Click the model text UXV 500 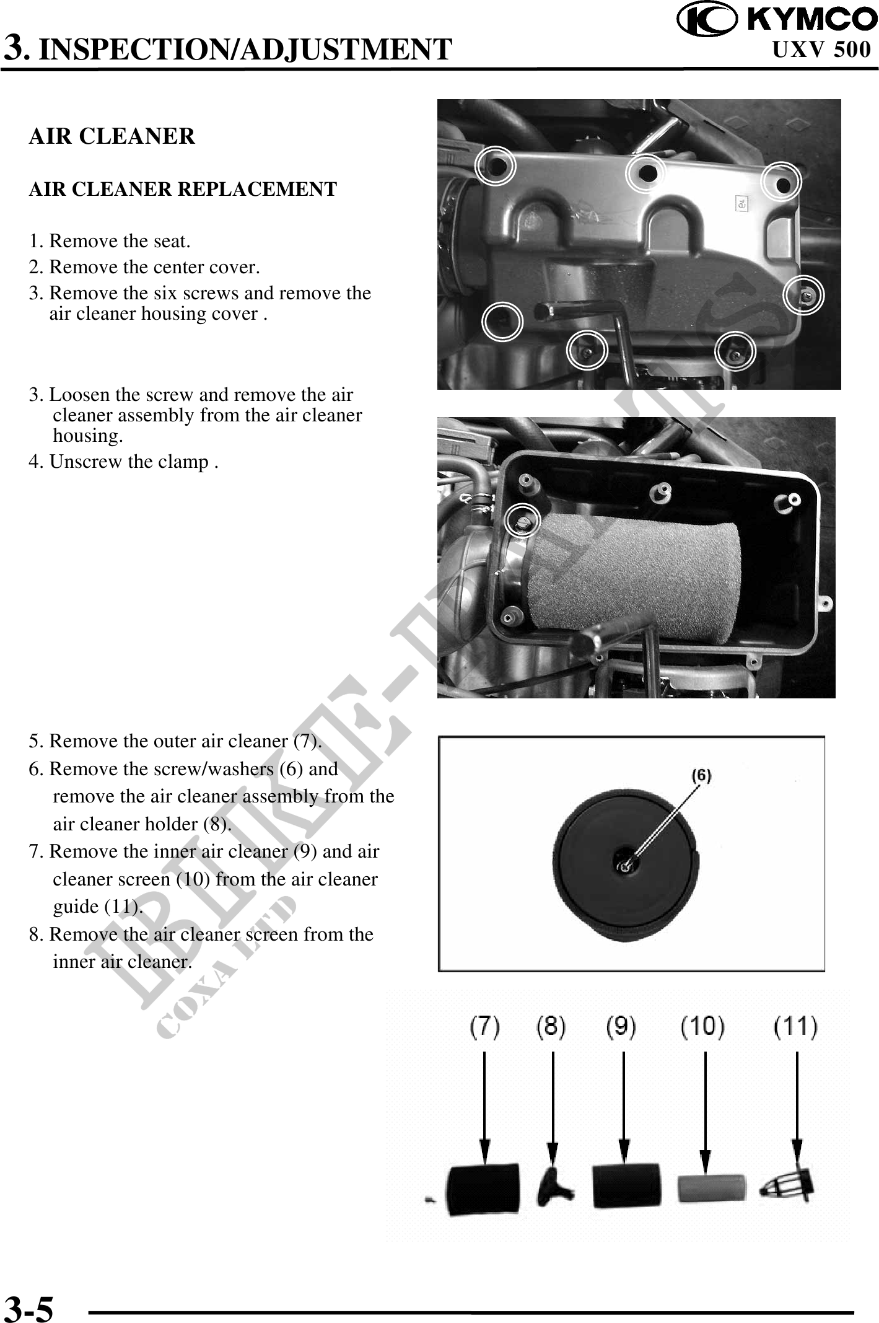coord(821,50)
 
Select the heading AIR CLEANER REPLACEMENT coord(183,189)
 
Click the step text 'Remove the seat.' coord(119,240)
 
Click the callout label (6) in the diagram coord(701,775)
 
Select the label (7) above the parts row coord(484,1028)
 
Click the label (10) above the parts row coord(702,1028)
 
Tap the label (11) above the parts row coord(795,1028)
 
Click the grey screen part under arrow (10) coord(711,1188)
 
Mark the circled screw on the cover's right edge coord(803,296)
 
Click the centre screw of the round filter coord(626,867)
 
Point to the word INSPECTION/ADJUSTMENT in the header coord(245,50)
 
